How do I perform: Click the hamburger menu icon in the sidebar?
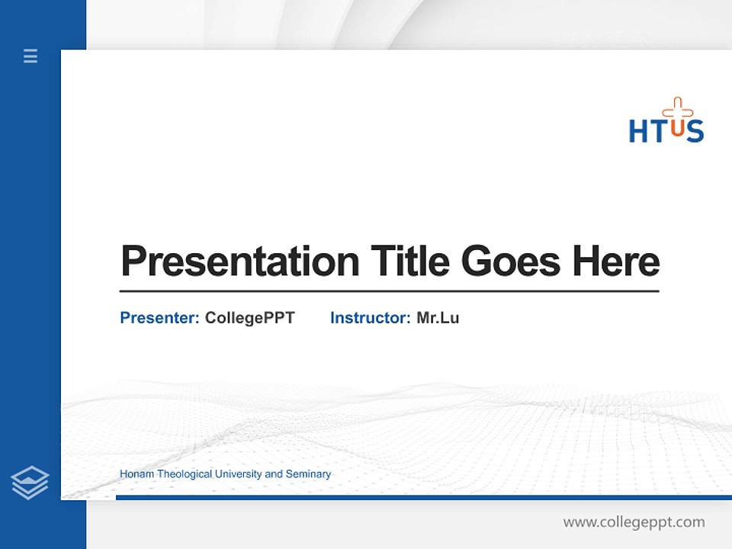coord(30,56)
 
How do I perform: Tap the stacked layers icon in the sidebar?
coord(30,483)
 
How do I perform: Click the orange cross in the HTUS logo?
coord(677,109)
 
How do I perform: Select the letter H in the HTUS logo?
coord(638,131)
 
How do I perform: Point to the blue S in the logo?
coord(695,131)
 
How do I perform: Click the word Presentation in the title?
coord(239,262)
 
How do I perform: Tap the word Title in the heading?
coord(409,262)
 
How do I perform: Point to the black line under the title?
coord(389,291)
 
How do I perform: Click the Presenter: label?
coord(159,318)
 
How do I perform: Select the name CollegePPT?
coord(249,318)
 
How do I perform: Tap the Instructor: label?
coord(370,318)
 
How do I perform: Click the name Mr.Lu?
coord(438,318)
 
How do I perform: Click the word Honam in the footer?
coord(136,474)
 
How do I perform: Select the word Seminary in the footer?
coord(308,474)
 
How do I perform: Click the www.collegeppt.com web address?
coord(634,522)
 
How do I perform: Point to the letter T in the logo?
coord(658,131)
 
